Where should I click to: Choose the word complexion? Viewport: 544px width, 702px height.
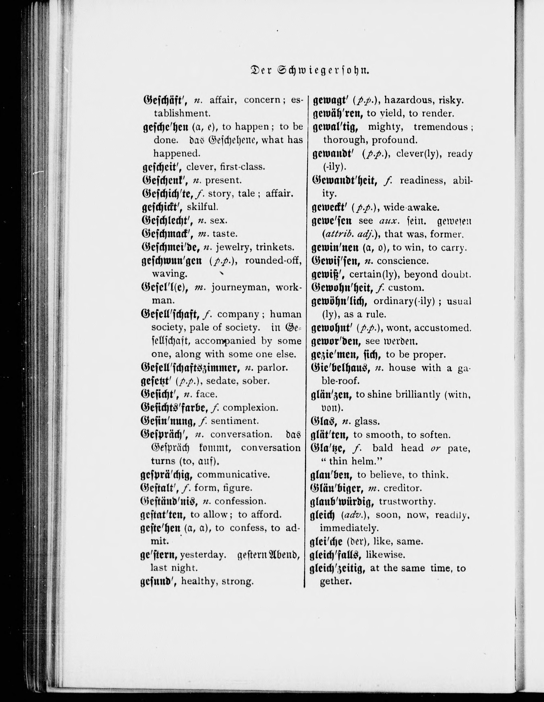250,408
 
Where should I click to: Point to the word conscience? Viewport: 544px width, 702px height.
403,261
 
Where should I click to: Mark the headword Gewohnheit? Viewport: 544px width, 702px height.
342,287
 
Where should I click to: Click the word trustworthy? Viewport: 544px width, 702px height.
407,501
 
